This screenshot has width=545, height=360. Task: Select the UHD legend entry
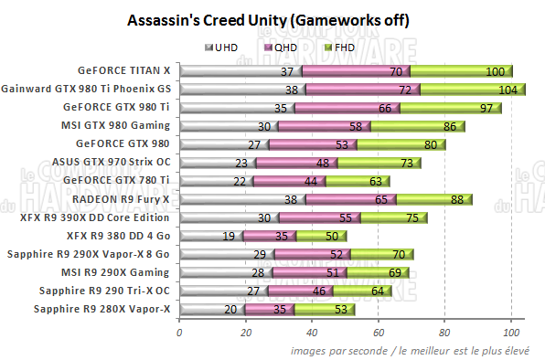pyautogui.click(x=224, y=46)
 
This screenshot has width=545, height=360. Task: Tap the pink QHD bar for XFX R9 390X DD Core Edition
pyautogui.click(x=311, y=217)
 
